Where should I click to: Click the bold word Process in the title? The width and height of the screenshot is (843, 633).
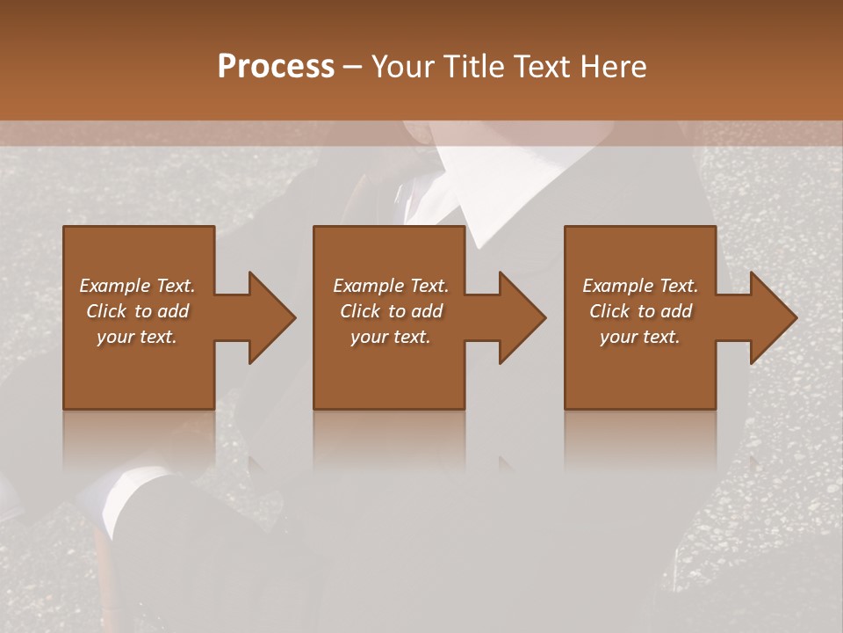click(x=276, y=67)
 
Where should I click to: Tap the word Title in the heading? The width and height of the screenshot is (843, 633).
click(x=471, y=67)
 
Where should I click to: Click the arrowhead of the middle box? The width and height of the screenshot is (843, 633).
click(x=522, y=317)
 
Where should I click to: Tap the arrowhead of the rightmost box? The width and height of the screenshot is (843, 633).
click(x=773, y=317)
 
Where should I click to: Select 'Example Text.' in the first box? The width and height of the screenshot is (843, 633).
click(x=137, y=286)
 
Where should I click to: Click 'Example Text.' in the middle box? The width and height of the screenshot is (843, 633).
click(x=390, y=286)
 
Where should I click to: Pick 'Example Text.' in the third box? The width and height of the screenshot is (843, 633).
click(x=640, y=286)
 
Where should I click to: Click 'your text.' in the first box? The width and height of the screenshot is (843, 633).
click(x=137, y=337)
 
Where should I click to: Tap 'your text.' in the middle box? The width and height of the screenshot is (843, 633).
click(x=390, y=337)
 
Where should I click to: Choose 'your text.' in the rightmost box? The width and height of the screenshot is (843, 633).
click(x=640, y=337)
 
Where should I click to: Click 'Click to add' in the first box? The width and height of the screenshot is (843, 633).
click(x=137, y=311)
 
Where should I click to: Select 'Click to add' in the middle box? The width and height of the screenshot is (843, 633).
click(x=390, y=311)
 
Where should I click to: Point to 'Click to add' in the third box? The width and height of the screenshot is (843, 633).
click(x=640, y=311)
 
